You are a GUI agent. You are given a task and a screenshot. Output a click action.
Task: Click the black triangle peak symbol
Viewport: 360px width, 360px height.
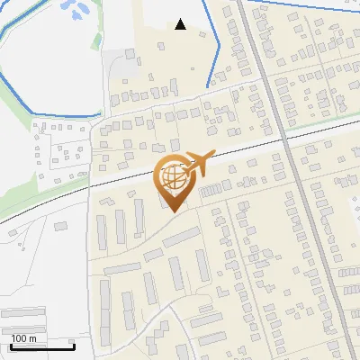click(181, 24)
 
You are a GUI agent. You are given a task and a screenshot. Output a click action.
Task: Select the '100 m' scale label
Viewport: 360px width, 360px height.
click(23, 337)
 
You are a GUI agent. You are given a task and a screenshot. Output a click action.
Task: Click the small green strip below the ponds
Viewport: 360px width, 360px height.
click(96, 41)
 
